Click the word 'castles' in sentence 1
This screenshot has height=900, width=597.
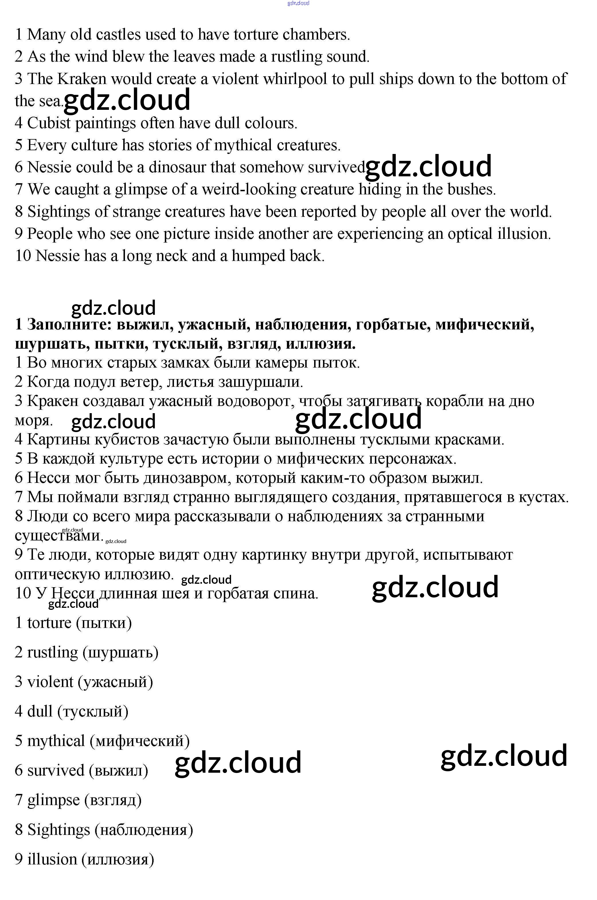118,35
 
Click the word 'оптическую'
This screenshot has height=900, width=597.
57,574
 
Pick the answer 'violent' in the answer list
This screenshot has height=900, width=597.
50,682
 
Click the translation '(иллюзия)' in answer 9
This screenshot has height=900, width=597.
118,859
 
